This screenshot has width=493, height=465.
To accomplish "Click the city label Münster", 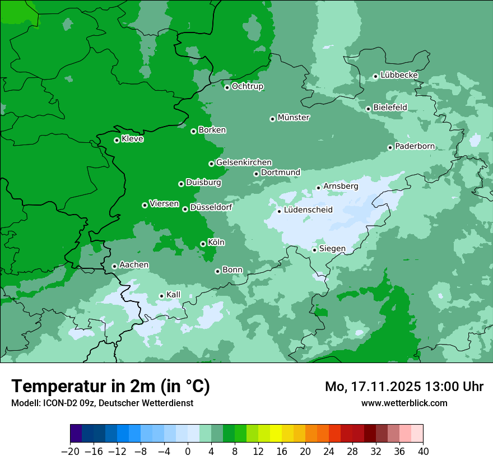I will pyautogui.click(x=294, y=118).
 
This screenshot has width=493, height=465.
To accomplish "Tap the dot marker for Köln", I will pyautogui.click(x=203, y=244).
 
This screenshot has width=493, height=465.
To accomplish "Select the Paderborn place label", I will pyautogui.click(x=415, y=146).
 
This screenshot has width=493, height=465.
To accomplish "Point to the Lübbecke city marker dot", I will pyautogui.click(x=375, y=76).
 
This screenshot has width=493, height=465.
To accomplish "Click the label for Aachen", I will pyautogui.click(x=134, y=264).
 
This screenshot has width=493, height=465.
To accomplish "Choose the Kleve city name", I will pyautogui.click(x=132, y=139).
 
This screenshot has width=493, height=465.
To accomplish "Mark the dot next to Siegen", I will pyautogui.click(x=315, y=250).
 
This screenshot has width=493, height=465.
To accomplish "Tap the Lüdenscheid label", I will pyautogui.click(x=308, y=210).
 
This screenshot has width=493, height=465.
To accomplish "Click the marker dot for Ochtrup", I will pyautogui.click(x=227, y=87).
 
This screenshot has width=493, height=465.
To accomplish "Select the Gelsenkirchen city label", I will pyautogui.click(x=244, y=162).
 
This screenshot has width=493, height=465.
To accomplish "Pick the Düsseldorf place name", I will pyautogui.click(x=211, y=207).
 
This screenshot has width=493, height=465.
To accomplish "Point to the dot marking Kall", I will pyautogui.click(x=161, y=296).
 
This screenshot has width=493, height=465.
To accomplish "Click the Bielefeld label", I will pyautogui.click(x=390, y=107).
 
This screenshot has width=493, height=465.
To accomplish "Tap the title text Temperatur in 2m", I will pyautogui.click(x=110, y=387).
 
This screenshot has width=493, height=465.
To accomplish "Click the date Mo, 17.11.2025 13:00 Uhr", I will pyautogui.click(x=404, y=387).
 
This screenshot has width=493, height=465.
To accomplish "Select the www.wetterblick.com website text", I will pyautogui.click(x=404, y=403).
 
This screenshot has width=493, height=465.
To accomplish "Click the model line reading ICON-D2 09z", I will pyautogui.click(x=102, y=403).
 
